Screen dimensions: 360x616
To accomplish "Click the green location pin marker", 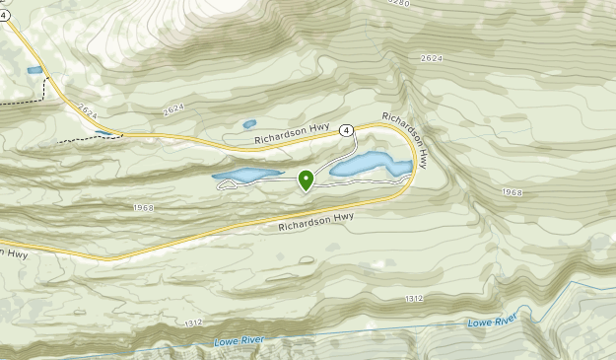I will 306,180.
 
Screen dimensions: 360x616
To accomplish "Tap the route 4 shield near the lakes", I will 346,130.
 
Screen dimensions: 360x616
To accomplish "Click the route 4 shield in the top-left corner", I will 4,16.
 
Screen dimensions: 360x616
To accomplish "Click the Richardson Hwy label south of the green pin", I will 314,222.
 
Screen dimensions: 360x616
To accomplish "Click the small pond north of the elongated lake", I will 249,124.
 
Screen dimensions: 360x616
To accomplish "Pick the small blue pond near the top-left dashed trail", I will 34,71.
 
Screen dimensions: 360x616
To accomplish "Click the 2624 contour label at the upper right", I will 431,59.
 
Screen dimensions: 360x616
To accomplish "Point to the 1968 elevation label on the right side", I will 511,192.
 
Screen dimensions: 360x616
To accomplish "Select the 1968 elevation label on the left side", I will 143,207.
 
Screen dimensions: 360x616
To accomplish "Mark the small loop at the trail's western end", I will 222,185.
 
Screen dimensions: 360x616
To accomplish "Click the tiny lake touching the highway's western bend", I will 103,132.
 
